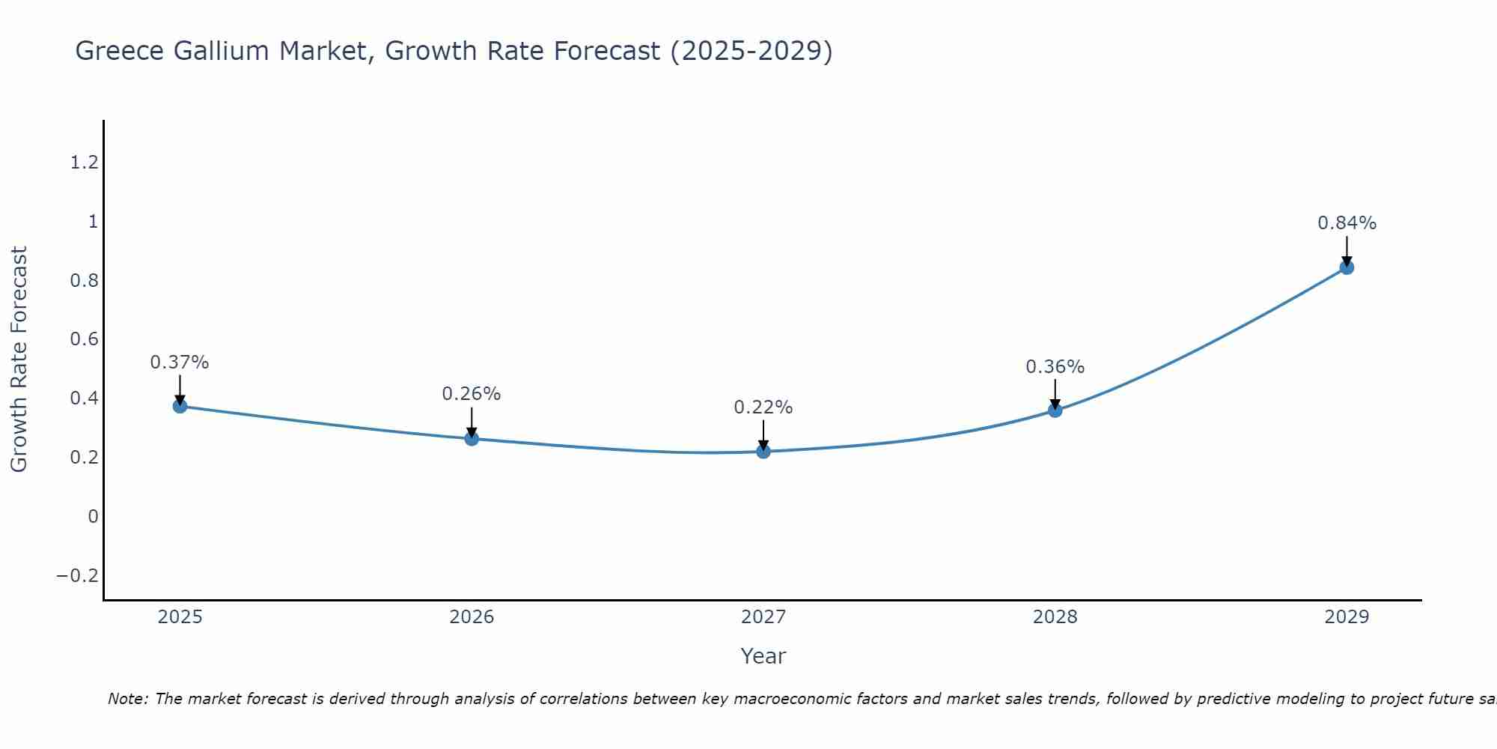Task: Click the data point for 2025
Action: click(180, 406)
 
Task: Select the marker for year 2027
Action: click(763, 451)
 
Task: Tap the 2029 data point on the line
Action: click(1347, 267)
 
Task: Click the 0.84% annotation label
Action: click(1347, 223)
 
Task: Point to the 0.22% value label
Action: click(763, 407)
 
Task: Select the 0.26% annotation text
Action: click(471, 394)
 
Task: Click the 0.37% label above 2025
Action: click(179, 363)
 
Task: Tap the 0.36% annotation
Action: click(1055, 367)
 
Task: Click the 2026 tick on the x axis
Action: click(472, 617)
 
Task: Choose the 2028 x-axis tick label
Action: click(1055, 617)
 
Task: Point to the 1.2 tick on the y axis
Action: click(84, 163)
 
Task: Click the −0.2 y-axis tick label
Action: click(77, 576)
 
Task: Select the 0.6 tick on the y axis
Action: click(84, 339)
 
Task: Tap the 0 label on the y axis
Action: click(93, 517)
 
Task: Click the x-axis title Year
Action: click(763, 656)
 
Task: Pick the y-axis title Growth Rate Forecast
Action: click(19, 359)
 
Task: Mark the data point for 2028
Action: click(1055, 410)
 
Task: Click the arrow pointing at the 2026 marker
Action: click(472, 423)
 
